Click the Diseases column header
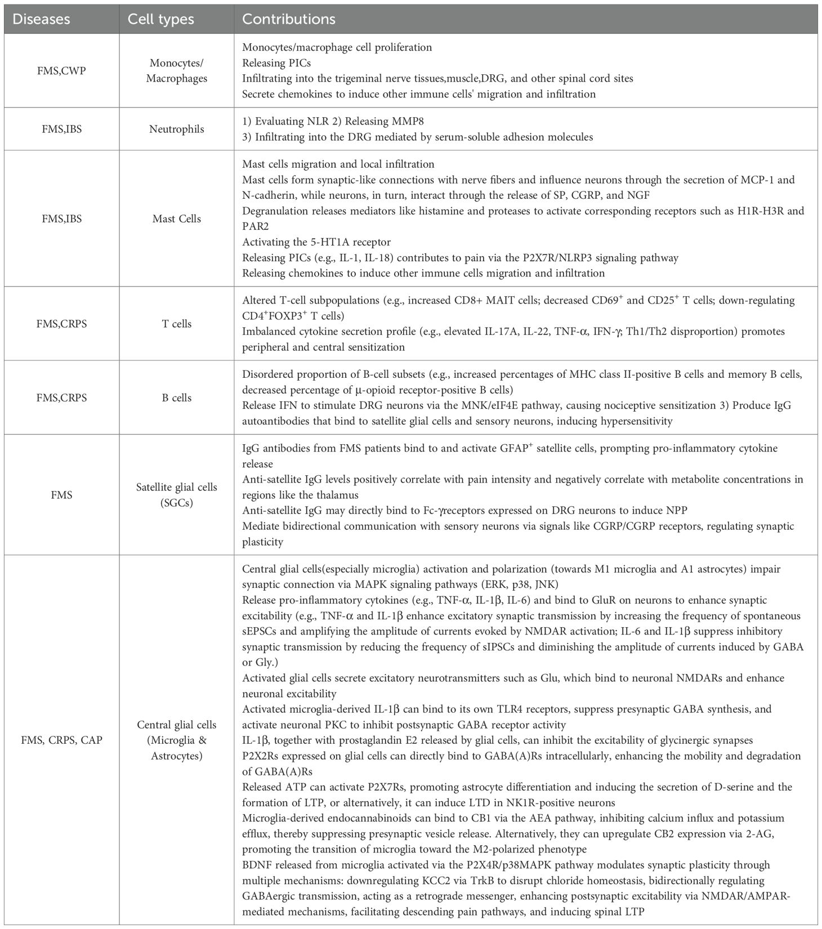pos(41,19)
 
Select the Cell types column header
pos(160,19)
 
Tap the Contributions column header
pos(288,19)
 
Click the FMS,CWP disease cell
pos(61,71)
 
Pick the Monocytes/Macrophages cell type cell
pos(177,71)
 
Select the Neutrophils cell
pos(177,129)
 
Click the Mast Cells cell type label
pos(177,218)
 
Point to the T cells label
pos(177,324)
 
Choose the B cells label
pos(177,397)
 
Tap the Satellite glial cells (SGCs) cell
pos(177,495)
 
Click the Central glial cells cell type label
pos(177,732)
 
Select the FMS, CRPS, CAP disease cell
pos(61,739)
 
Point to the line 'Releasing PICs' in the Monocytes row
pos(276,63)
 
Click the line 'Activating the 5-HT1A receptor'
pos(316,242)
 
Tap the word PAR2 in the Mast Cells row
pos(254,226)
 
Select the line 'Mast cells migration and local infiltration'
pos(338,164)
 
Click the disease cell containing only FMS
pos(61,495)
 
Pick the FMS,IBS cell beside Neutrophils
pos(61,129)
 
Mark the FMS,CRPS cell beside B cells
pos(61,397)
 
